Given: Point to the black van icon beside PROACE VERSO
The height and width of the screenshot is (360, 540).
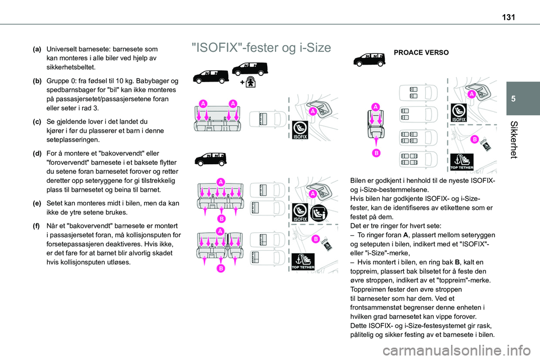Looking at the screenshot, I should point(368,58).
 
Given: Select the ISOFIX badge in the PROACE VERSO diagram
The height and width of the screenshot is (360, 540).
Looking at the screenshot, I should point(458,113).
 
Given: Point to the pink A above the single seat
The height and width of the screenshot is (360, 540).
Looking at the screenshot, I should point(375,106).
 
